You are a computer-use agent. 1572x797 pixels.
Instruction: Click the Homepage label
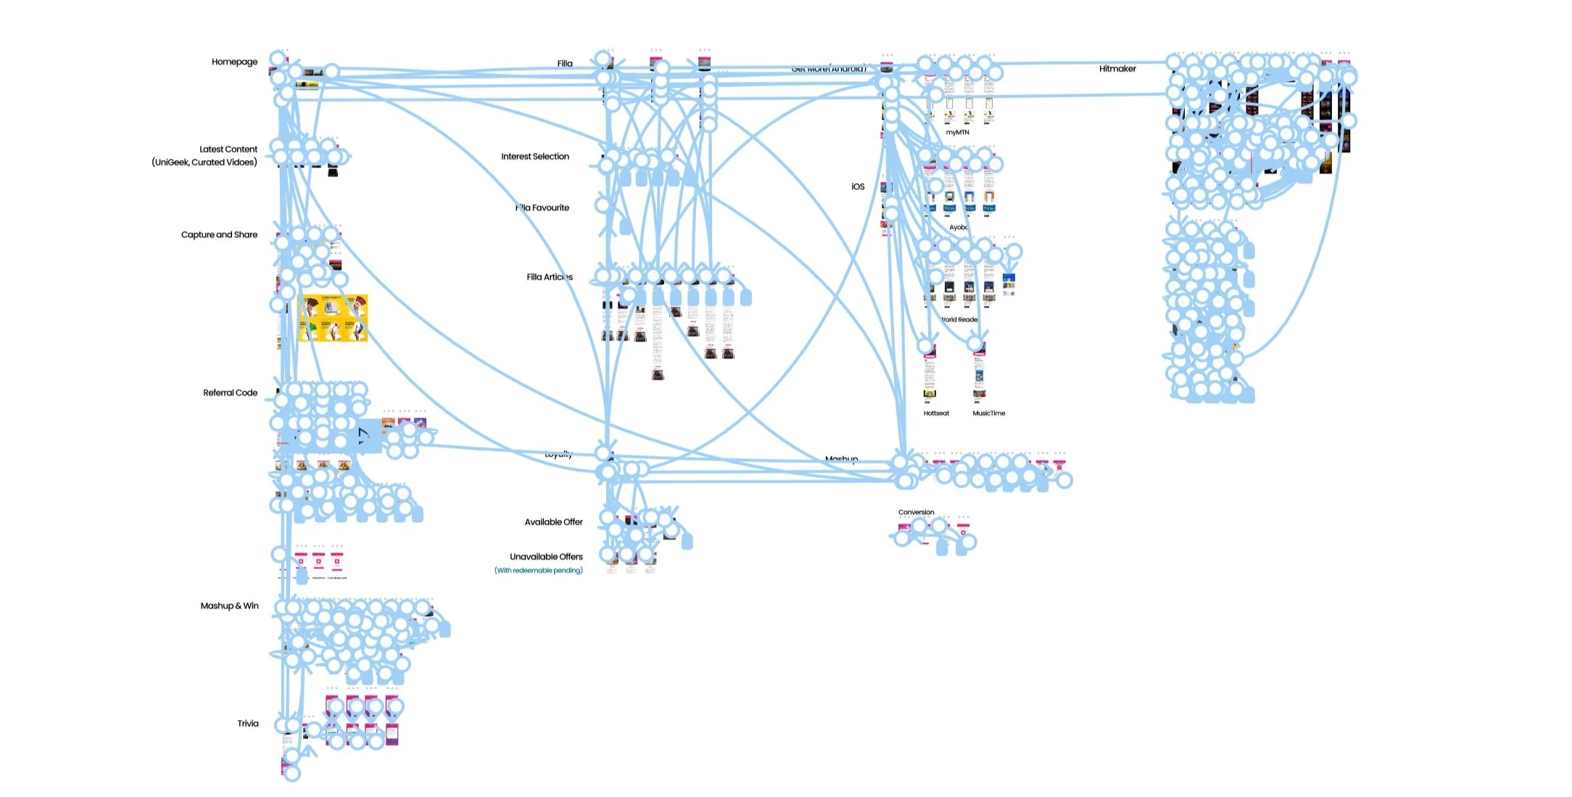pos(234,62)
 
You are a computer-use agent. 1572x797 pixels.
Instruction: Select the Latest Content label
pos(228,149)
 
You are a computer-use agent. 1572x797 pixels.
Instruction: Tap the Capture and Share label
pos(219,235)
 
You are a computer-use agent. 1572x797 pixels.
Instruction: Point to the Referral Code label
pos(230,393)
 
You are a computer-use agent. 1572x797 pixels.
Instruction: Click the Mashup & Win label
pos(229,606)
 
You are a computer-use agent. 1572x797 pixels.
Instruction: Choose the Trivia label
pos(247,724)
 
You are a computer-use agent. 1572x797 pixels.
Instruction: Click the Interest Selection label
pos(535,157)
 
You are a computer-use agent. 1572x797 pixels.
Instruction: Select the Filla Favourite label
pos(544,208)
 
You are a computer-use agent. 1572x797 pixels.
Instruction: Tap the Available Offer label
pos(553,522)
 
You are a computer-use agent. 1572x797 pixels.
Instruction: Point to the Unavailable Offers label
pos(546,557)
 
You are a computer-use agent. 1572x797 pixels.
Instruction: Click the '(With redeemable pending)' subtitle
pos(539,571)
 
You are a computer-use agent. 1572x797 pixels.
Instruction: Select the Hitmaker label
pos(1117,69)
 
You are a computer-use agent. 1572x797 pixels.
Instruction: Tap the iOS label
pos(858,187)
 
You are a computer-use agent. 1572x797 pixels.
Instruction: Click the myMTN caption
pos(957,133)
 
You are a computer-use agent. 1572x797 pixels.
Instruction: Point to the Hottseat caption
pos(936,413)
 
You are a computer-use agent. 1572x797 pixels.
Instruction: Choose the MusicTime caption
pos(989,413)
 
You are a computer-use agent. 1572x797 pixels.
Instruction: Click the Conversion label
pos(917,513)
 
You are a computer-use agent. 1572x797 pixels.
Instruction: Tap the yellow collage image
pos(334,318)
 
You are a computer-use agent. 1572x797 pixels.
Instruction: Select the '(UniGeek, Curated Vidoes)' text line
pos(204,162)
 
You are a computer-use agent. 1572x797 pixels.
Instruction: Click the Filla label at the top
pos(565,64)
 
